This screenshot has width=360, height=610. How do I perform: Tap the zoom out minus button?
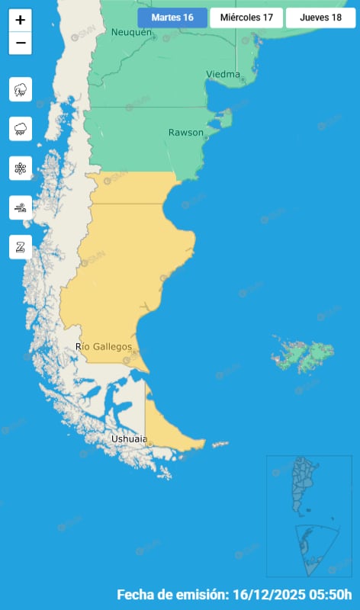click(x=21, y=43)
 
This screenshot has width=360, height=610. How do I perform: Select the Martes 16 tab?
click(x=172, y=18)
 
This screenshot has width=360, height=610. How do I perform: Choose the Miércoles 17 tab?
click(x=246, y=18)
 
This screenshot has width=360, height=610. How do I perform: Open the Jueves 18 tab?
click(x=320, y=18)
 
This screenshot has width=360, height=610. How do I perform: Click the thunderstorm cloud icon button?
click(x=21, y=90)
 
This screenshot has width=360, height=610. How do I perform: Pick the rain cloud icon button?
click(x=21, y=129)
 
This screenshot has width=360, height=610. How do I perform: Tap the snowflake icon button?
click(x=21, y=168)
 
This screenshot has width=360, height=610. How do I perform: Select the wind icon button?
click(x=21, y=207)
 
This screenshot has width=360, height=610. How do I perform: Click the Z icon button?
click(x=21, y=246)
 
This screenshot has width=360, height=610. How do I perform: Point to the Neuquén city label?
click(x=131, y=32)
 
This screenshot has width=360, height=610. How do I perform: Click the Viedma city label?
click(x=223, y=75)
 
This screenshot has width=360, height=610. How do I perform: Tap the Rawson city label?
click(x=186, y=133)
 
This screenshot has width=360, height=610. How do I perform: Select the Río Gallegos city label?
click(x=104, y=347)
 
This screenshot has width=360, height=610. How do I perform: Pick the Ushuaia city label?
click(x=127, y=439)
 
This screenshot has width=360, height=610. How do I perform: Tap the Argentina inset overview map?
click(x=308, y=515)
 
